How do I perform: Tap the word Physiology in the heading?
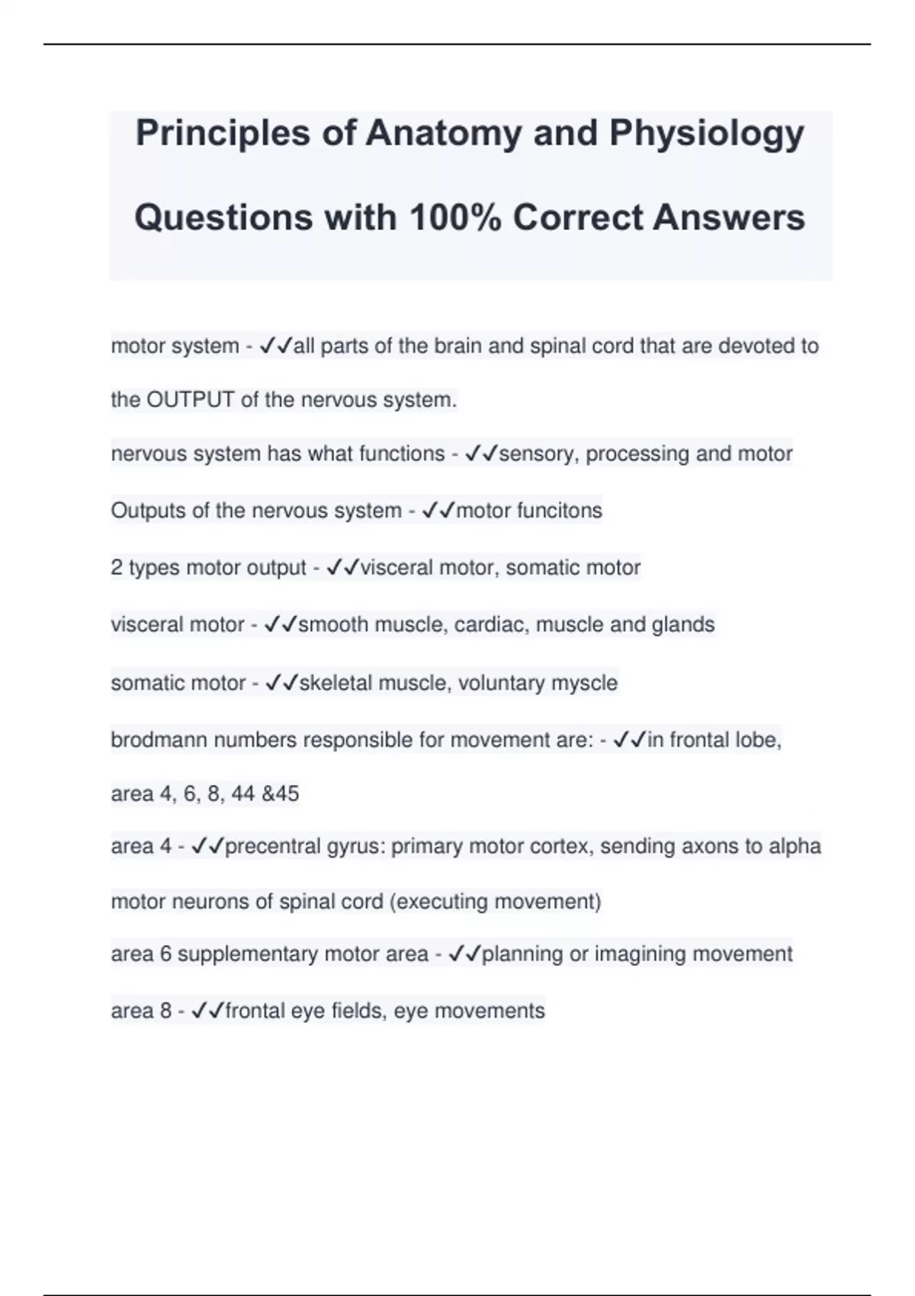[706, 133]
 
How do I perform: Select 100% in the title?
[455, 218]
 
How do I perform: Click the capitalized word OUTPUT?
[190, 400]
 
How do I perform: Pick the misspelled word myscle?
[587, 683]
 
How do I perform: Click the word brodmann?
[159, 740]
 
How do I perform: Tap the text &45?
[280, 794]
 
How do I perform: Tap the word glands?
[683, 625]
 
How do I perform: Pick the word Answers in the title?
[728, 218]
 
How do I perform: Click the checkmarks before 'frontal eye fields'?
[207, 1012]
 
